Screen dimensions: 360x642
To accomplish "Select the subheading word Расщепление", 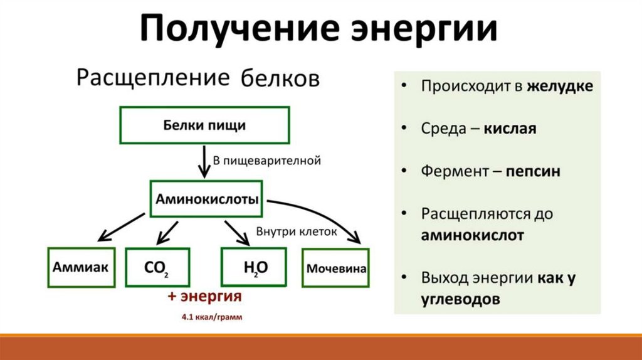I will click(152, 78).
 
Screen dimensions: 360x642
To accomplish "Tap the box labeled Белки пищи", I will click(204, 125).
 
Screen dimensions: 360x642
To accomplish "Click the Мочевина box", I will click(336, 268).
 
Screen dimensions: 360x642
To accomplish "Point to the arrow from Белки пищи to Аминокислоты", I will click(205, 162).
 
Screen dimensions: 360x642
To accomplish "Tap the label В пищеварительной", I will click(268, 161).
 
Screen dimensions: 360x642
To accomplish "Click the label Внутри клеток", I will click(297, 231).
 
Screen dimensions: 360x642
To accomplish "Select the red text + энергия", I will click(204, 296).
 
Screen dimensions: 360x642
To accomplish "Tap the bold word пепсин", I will click(534, 171).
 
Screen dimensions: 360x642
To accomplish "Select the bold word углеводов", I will click(461, 299).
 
